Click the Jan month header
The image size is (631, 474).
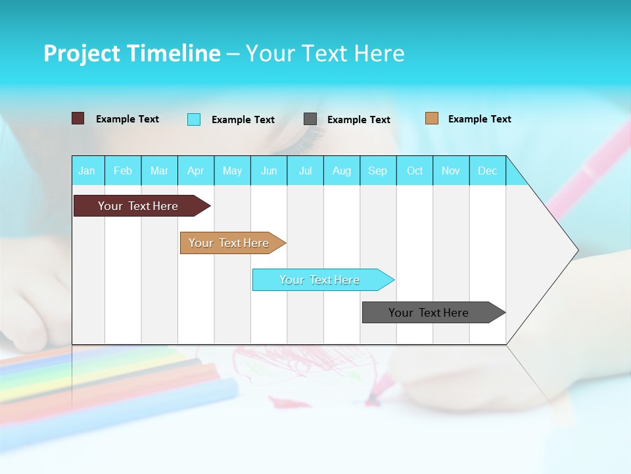[87, 171]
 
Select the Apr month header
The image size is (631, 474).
[195, 171]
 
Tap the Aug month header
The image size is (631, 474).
[341, 171]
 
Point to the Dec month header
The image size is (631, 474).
[487, 171]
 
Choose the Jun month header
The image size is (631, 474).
[268, 171]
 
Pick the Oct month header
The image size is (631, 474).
[415, 171]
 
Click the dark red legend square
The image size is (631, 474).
[78, 118]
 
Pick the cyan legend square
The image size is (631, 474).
[194, 119]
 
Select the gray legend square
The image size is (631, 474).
[310, 119]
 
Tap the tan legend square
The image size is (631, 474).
[431, 118]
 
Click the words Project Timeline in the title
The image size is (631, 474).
[132, 53]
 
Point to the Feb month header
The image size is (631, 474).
[123, 171]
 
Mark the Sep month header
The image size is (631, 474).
[377, 171]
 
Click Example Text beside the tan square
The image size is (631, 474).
[479, 118]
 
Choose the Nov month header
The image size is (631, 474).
[451, 171]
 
